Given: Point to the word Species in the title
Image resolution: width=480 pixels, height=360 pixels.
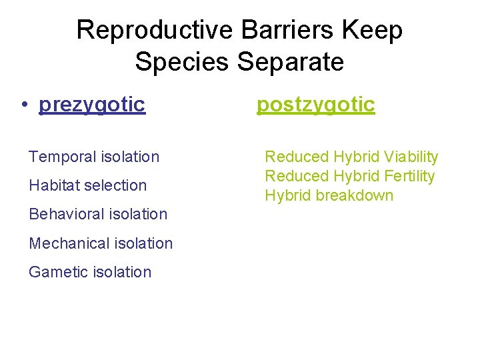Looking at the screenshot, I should tap(181, 62).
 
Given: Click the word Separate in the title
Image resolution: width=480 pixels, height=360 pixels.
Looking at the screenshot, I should tap(289, 62).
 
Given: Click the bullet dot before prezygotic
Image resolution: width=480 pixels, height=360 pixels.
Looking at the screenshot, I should tap(23, 105).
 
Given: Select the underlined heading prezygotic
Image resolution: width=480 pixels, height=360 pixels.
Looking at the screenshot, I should tap(92, 105).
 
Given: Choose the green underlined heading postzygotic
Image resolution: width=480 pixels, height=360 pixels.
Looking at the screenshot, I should tap(316, 105).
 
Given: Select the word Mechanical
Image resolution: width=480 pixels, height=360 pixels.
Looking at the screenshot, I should tap(67, 243).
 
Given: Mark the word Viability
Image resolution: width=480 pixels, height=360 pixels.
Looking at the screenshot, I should tap(411, 157).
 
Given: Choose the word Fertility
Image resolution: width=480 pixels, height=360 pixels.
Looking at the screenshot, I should tap(409, 177).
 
